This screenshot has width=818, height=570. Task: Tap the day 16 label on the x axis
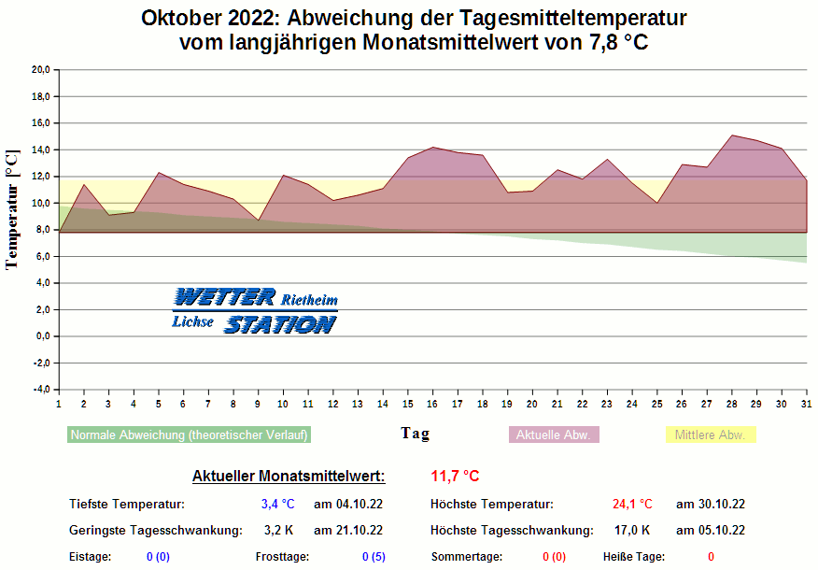(x=432, y=404)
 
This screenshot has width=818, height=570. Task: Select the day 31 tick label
(x=806, y=404)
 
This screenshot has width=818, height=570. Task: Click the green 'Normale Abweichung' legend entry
(x=190, y=435)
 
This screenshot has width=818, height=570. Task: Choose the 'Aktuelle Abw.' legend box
(x=554, y=435)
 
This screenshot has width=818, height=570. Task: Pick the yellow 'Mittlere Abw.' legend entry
(x=711, y=435)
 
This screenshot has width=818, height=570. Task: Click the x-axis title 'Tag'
(x=416, y=433)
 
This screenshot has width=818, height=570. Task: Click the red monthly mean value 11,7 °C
(x=455, y=476)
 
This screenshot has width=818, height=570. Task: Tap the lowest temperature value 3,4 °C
(x=277, y=505)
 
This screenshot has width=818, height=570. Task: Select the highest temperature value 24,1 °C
(x=632, y=505)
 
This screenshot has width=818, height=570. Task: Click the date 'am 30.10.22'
(x=710, y=505)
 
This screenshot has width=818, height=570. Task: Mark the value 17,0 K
(x=632, y=531)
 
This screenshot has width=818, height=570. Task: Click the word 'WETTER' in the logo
(x=224, y=298)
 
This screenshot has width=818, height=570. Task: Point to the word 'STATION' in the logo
(x=280, y=324)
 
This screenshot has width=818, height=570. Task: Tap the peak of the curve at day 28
(x=732, y=135)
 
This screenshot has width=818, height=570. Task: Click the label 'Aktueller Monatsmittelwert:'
(x=289, y=477)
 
